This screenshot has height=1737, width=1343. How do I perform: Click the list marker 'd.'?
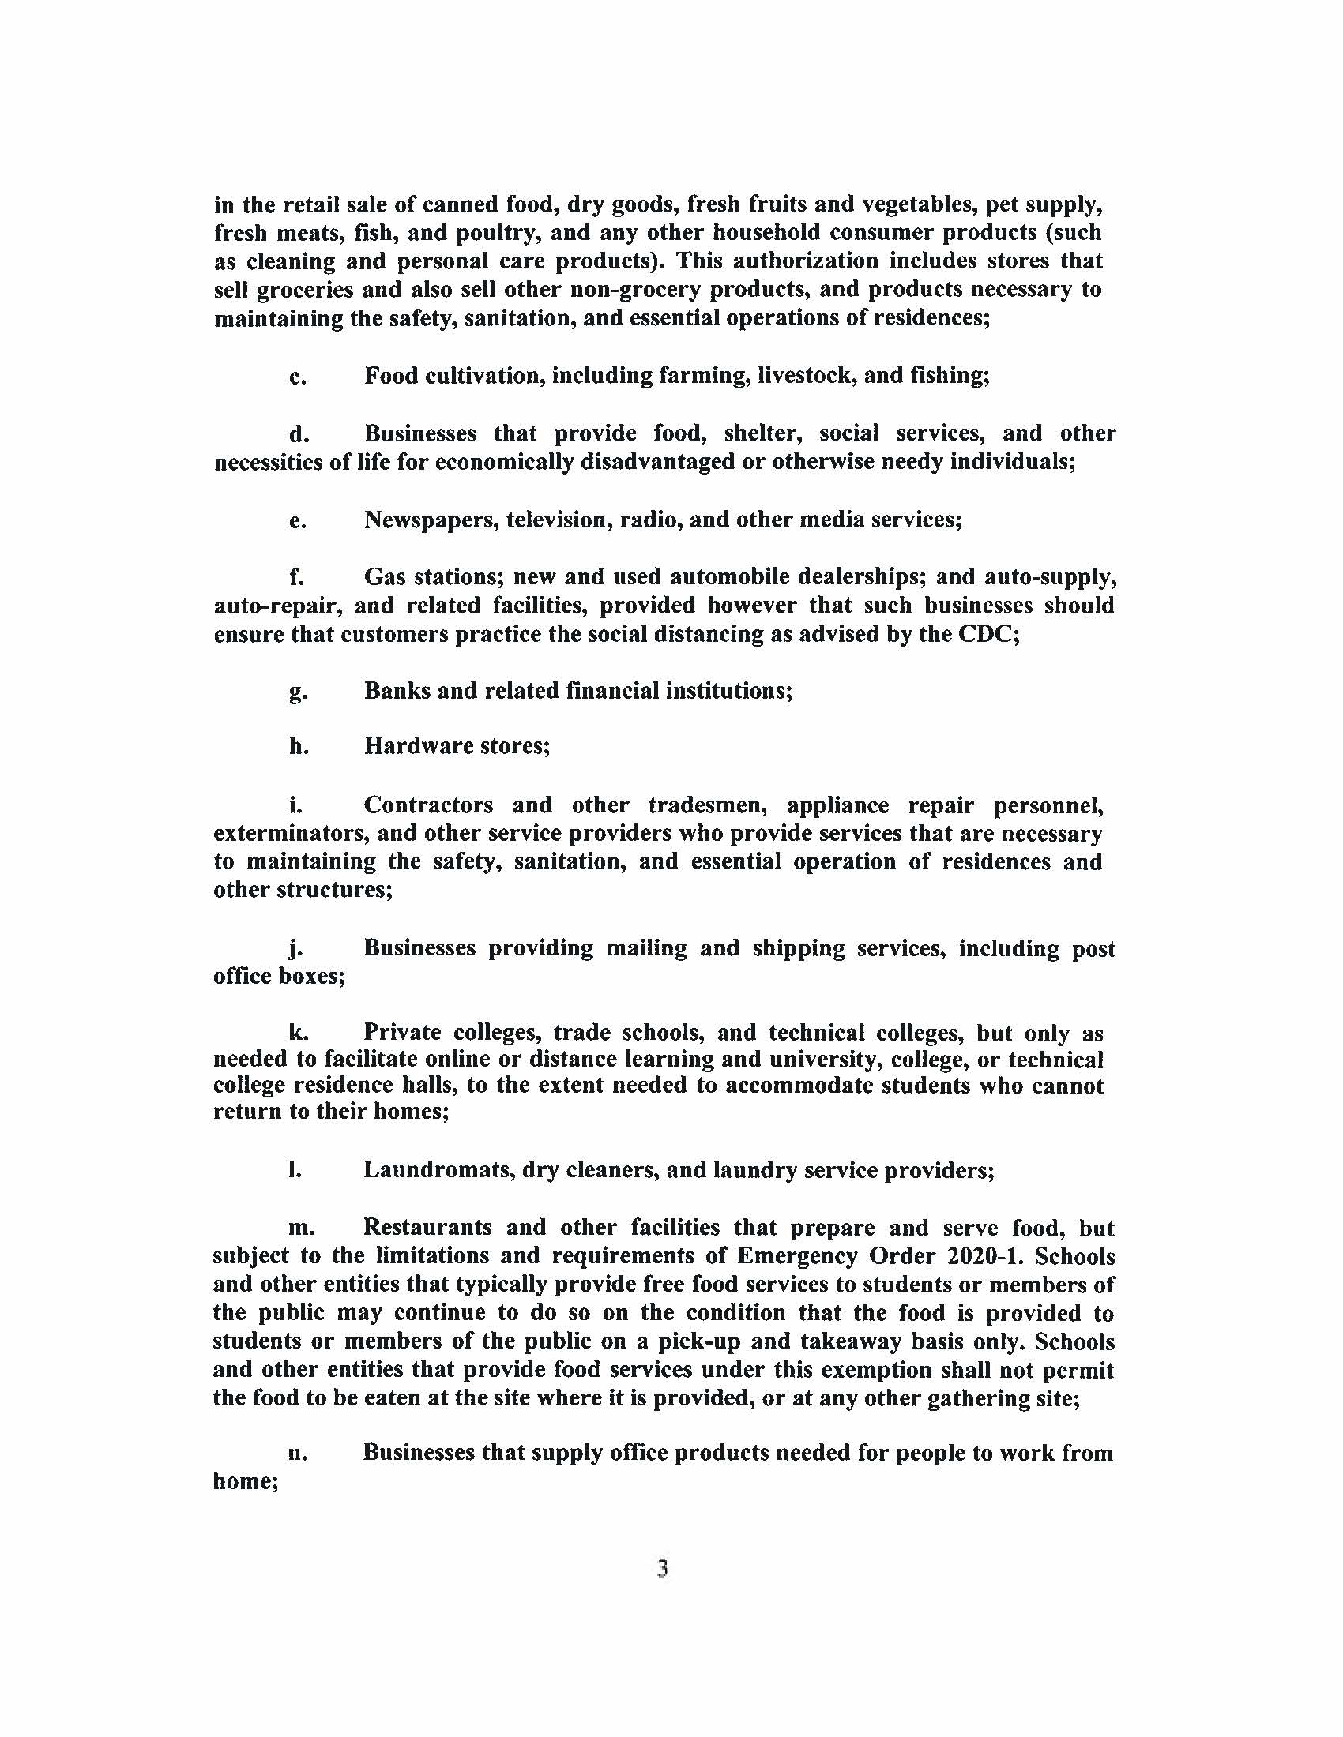299,434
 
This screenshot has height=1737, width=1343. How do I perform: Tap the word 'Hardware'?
416,746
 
